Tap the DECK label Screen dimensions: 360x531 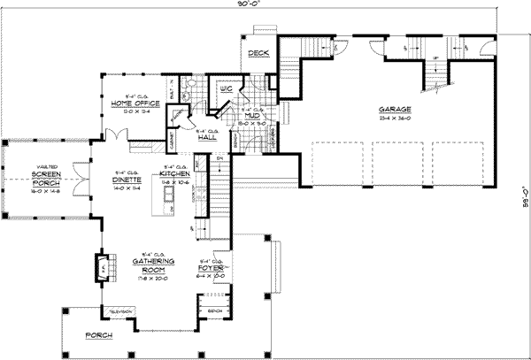tap(258, 54)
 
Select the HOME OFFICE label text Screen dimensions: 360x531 tap(135, 104)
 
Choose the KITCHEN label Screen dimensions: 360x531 tap(176, 174)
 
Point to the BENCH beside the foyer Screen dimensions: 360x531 tap(214, 311)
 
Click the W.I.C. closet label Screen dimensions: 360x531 tap(225, 88)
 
